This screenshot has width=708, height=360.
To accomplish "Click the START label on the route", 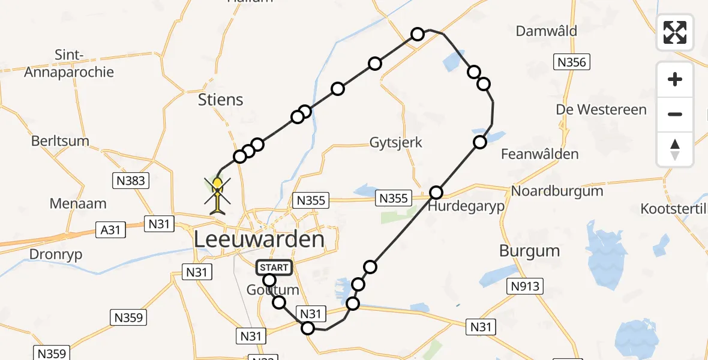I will tap(274, 268).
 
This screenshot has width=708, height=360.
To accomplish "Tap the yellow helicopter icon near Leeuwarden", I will tap(217, 193).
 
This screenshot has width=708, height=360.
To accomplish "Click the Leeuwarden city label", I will tap(259, 239).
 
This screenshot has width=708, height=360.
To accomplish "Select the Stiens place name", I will tap(221, 100).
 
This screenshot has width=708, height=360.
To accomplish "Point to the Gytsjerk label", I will tap(395, 143).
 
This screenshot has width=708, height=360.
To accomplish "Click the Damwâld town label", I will tap(547, 31).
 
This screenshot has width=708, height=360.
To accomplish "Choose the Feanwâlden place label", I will tap(540, 154).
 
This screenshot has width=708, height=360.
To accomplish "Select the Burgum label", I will tap(529, 251).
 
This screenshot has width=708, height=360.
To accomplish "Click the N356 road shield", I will tap(572, 62).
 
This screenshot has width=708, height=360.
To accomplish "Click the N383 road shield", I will tap(131, 180).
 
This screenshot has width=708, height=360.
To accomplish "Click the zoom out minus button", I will tap(675, 114).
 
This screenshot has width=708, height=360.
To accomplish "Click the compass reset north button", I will tap(675, 149).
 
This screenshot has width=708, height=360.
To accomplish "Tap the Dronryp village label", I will tap(56, 254).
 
